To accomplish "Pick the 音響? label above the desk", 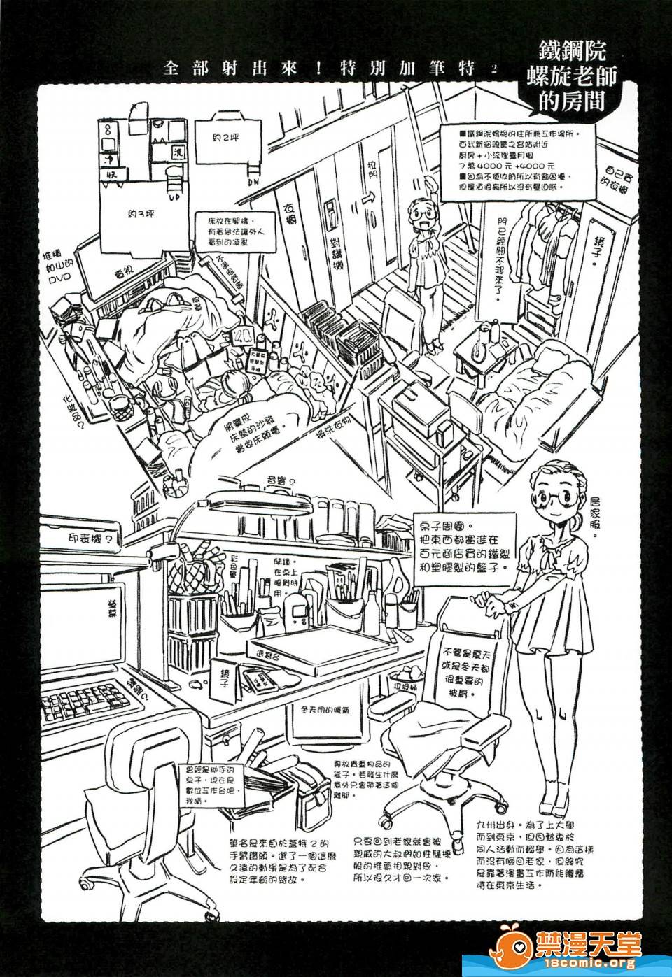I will tap(282, 480).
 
